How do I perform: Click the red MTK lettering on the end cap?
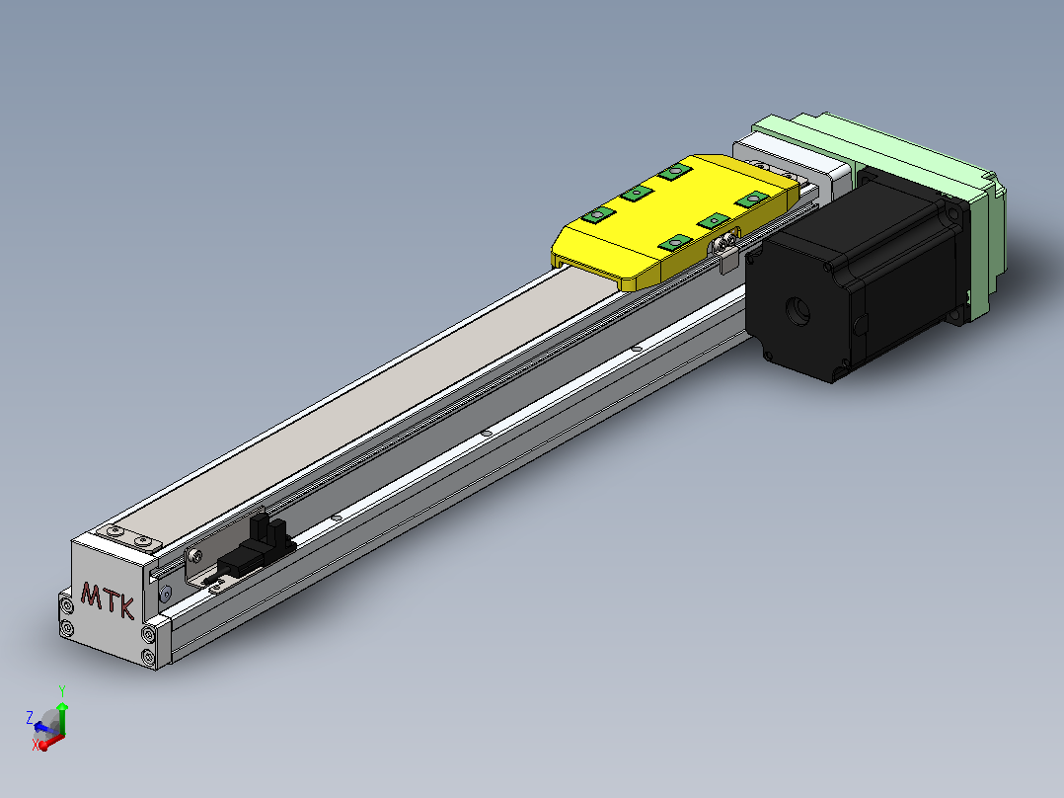pos(108,599)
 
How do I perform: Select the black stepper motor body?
pos(857,279)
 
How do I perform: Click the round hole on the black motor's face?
pos(798,311)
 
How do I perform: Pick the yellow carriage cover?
pos(676,222)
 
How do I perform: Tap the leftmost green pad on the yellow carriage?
pos(598,215)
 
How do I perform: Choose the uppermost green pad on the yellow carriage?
pos(674,171)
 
